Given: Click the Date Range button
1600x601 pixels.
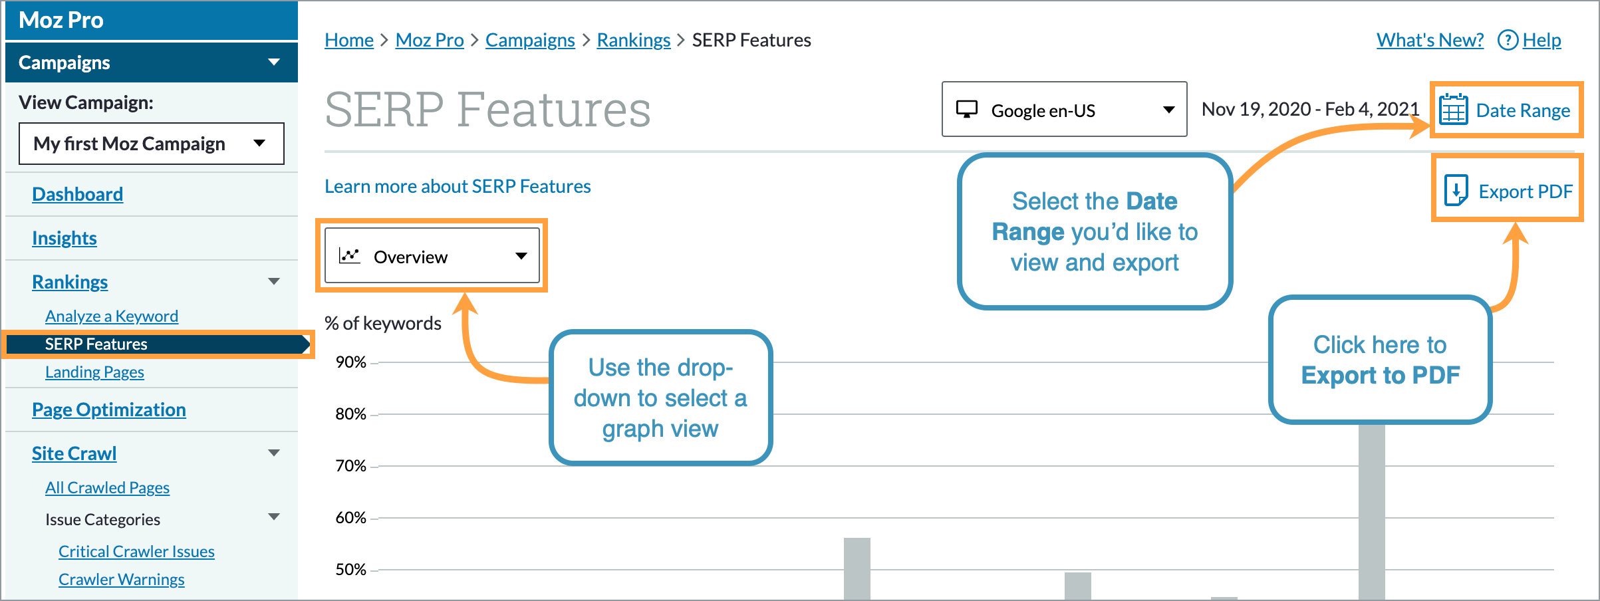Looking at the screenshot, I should point(1507,110).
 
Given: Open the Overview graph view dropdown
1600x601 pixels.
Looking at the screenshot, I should point(432,257).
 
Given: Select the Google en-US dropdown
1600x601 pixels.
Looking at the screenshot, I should point(1064,110).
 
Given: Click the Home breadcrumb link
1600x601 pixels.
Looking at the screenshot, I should point(349,41).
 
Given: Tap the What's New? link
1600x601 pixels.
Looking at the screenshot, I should point(1430,41).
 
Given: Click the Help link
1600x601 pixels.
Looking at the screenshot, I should point(1541,41).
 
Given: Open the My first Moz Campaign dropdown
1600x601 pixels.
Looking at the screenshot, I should point(151,144).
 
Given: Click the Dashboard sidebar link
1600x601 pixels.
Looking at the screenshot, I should point(78,195).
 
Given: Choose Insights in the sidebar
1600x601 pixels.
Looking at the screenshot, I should point(65,239).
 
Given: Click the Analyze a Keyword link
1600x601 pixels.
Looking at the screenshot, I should point(112,316).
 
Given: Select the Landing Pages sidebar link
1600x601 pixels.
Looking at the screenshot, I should point(94,372).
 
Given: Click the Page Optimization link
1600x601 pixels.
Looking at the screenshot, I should point(109,410).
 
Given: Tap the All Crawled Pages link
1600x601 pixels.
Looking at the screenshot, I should point(107,488).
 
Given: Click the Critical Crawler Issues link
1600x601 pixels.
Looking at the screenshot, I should point(136,552).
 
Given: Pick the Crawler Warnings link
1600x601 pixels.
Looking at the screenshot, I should point(121,580).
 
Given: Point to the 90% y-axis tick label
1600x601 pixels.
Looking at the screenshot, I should point(350,362).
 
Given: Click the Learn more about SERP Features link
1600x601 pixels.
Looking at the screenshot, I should point(458,187).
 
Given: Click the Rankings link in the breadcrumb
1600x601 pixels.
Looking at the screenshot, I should point(633,41).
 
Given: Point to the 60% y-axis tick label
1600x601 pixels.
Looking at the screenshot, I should point(350,518).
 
